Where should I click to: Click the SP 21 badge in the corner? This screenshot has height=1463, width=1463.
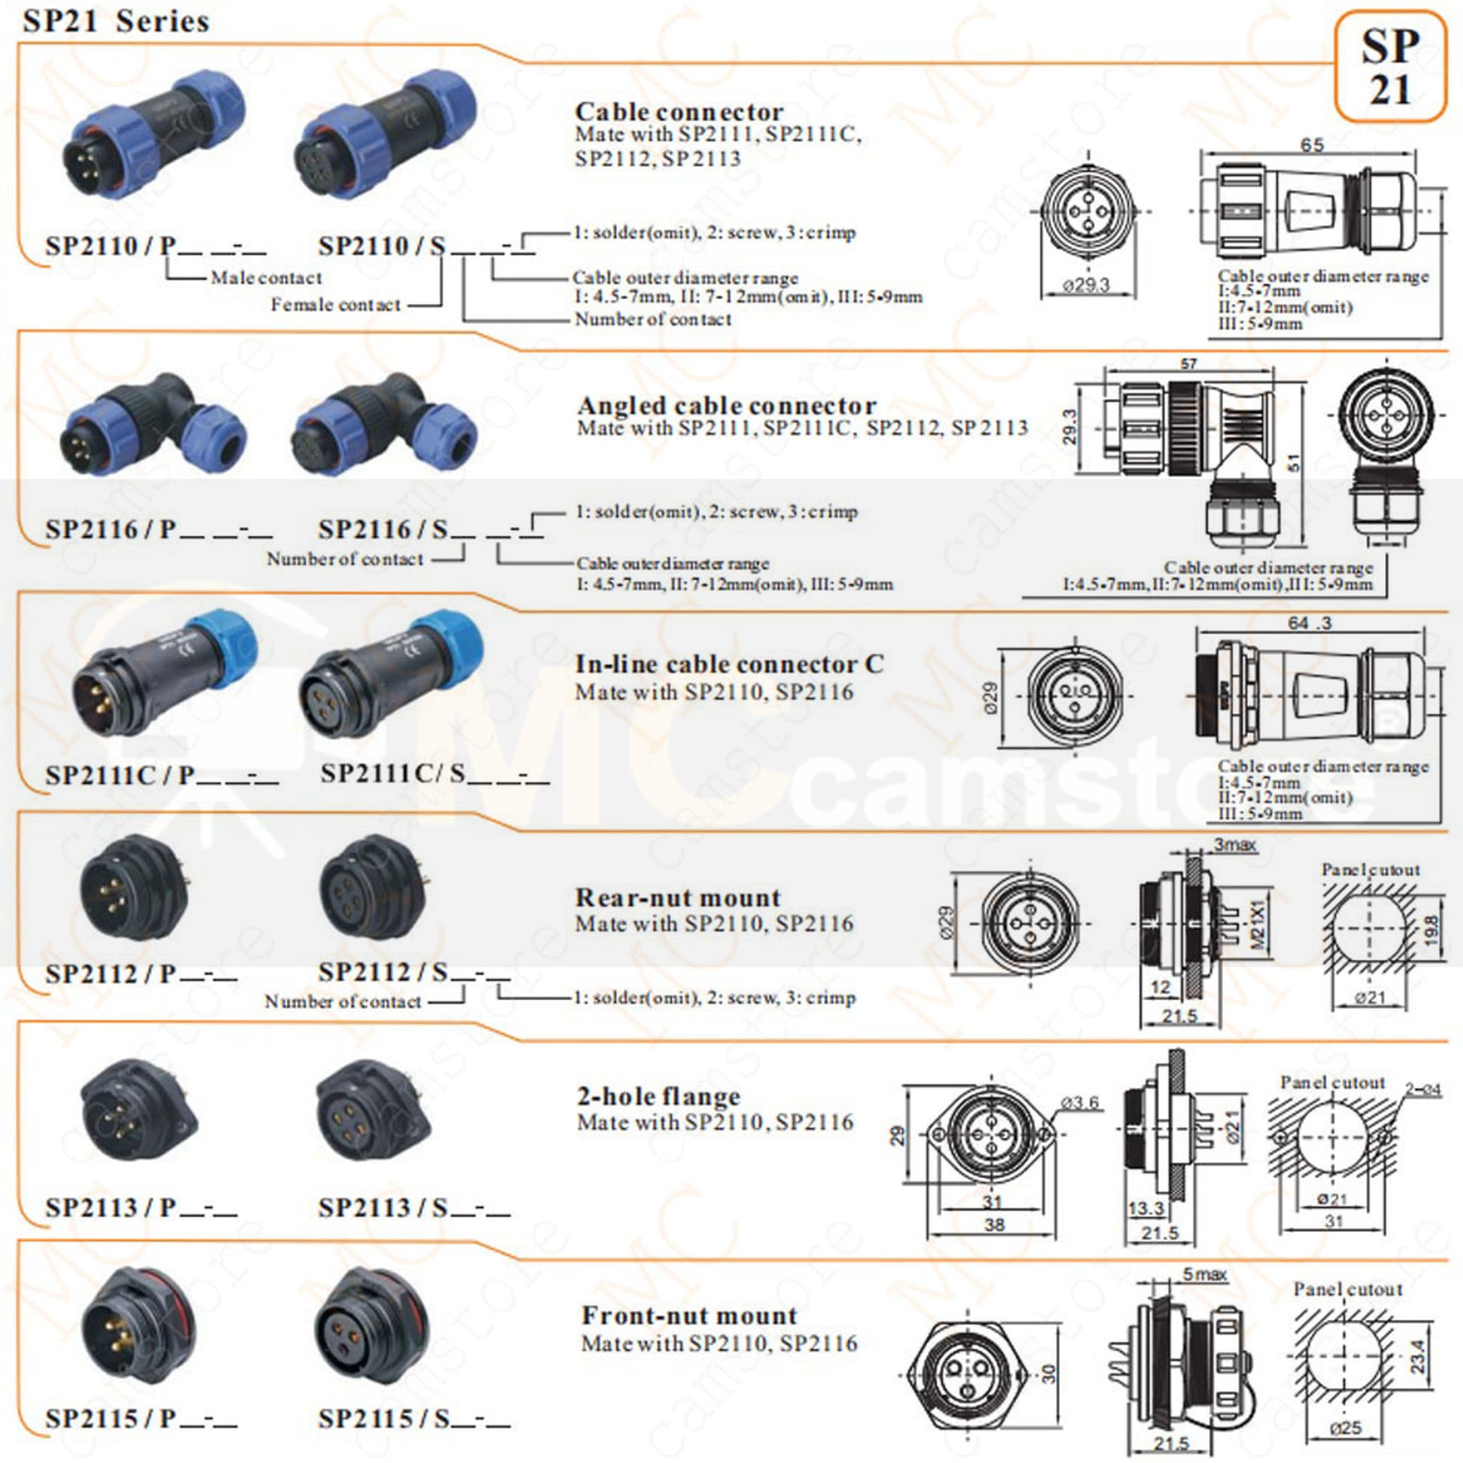1389,68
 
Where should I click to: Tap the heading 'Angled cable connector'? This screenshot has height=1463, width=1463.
726,405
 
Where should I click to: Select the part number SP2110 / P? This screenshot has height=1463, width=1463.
111,245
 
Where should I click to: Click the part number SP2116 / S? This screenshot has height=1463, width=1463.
383,529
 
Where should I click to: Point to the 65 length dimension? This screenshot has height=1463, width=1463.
1312,144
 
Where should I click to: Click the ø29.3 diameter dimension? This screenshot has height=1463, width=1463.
1086,285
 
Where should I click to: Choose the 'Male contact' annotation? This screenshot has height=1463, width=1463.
266,278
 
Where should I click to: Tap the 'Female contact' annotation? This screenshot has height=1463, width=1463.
335,304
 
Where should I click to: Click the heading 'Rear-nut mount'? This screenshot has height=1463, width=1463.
677,898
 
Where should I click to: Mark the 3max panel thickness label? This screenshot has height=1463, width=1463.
1235,844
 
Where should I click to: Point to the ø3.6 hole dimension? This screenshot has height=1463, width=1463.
1080,1103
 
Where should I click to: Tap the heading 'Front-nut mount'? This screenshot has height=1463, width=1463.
689,1316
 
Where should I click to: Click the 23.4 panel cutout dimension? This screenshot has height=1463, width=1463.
1418,1356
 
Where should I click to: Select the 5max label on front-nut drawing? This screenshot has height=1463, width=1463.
1205,1274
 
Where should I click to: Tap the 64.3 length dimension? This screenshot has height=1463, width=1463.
1310,623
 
